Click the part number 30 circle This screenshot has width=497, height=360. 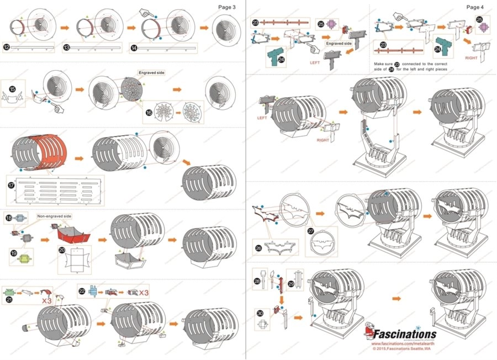point(261,313)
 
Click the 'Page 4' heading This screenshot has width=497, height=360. point(474,7)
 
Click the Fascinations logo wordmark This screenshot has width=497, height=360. point(406,334)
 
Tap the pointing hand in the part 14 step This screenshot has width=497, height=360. point(146,12)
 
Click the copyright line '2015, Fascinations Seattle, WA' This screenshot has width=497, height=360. point(401,349)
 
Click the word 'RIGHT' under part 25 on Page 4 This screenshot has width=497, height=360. point(471,57)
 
